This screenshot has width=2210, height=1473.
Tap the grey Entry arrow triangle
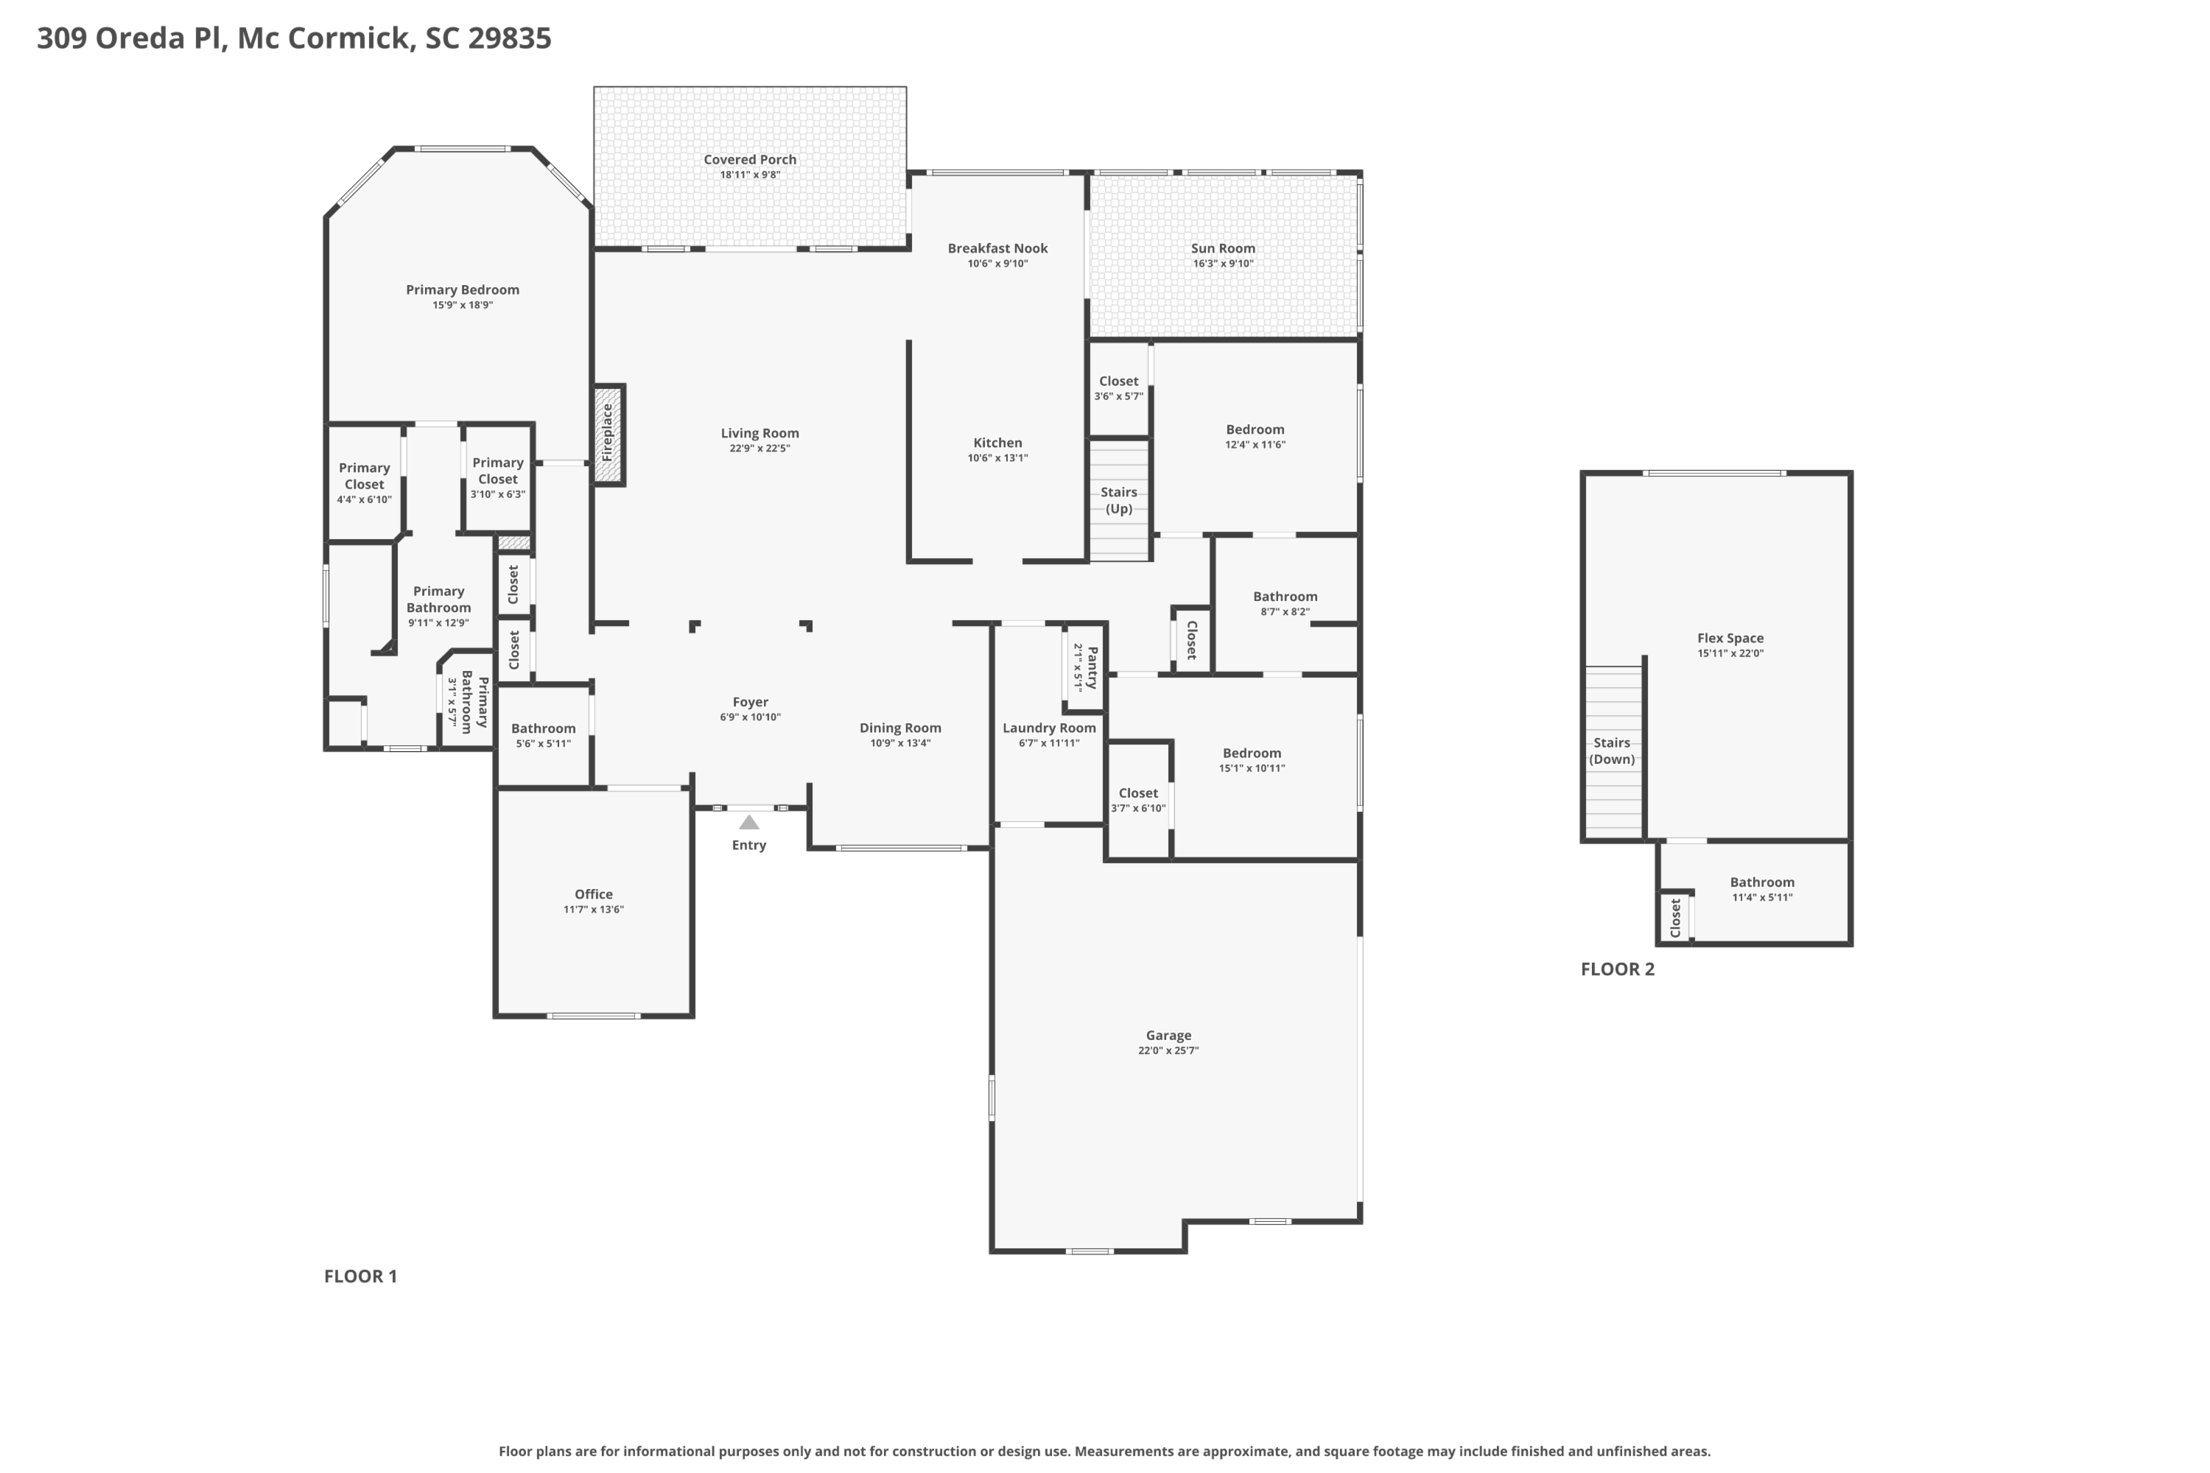tap(749, 822)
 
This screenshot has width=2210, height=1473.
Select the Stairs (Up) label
tap(1119, 501)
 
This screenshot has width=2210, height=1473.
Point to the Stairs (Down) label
tap(1613, 751)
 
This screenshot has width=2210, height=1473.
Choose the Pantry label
tap(1092, 667)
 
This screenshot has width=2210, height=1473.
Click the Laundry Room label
tap(1050, 728)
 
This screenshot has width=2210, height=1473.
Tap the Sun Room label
tap(1224, 249)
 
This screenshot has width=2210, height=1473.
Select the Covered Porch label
tap(750, 160)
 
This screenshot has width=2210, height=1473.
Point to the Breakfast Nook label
tap(998, 248)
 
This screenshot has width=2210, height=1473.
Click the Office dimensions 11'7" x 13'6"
tap(594, 910)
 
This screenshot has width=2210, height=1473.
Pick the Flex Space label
tap(1730, 638)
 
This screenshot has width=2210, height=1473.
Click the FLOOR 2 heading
tap(1618, 969)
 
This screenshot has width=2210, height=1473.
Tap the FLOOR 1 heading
tap(361, 1276)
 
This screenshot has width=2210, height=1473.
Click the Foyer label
tap(751, 702)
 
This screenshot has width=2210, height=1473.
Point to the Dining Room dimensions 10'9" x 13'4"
tap(900, 743)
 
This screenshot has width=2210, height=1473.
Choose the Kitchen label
tap(998, 443)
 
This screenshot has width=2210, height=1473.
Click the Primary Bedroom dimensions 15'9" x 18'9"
tap(463, 306)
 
